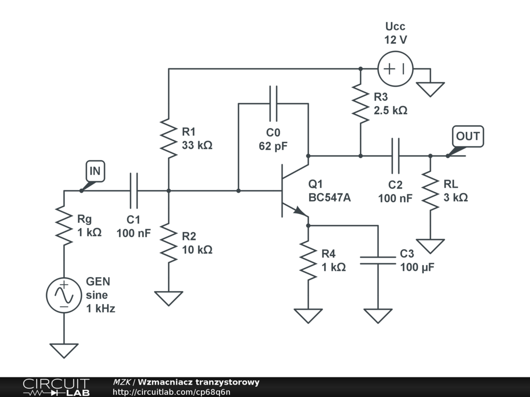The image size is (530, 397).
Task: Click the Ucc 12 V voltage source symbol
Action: [395, 69]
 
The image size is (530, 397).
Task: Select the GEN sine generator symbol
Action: [64, 295]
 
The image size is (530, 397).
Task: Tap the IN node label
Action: [95, 171]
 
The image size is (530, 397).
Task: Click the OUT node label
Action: [468, 136]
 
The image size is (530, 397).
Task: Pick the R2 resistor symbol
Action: [169, 243]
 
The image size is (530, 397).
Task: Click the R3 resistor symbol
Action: [361, 103]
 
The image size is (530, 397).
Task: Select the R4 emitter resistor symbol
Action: [308, 261]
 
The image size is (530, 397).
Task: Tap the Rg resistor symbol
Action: [64, 225]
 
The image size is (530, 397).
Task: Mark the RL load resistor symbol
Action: [430, 191]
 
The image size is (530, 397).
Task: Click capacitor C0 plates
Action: [273, 103]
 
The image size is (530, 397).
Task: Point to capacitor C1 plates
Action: [134, 191]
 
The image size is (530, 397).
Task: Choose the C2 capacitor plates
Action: [395, 156]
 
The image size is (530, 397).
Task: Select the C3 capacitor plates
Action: [378, 261]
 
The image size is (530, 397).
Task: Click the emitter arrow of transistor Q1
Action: [300, 211]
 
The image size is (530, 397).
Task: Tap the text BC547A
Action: [330, 197]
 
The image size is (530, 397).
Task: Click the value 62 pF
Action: [273, 146]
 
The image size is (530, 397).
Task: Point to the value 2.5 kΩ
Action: [390, 111]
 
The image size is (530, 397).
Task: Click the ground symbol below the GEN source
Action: [64, 350]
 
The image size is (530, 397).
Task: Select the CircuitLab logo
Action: [56, 387]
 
